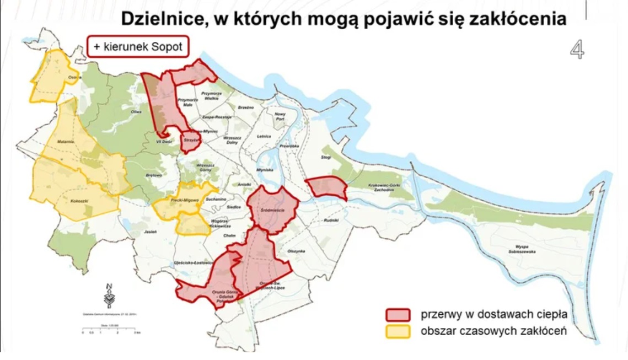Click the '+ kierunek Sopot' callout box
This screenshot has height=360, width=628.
pyautogui.click(x=138, y=47)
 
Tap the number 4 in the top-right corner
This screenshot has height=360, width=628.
pyautogui.click(x=577, y=50)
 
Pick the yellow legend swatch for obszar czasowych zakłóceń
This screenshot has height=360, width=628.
pyautogui.click(x=398, y=331)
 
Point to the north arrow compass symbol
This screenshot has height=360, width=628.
pyautogui.click(x=110, y=295)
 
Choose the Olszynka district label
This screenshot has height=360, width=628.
pyautogui.click(x=296, y=251)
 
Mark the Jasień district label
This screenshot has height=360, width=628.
pyautogui.click(x=151, y=232)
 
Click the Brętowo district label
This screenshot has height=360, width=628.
pyautogui.click(x=154, y=175)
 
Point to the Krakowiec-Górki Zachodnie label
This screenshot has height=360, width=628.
pyautogui.click(x=388, y=188)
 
